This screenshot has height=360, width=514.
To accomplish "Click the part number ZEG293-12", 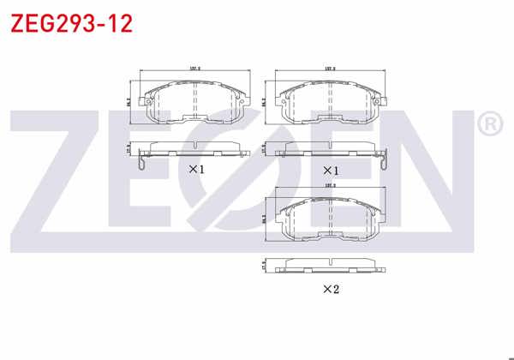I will coord(71,23).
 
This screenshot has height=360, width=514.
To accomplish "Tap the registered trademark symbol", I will coord(489,125).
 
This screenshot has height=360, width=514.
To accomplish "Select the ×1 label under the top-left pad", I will coord(197,169).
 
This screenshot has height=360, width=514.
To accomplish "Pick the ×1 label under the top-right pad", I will coord(331,169).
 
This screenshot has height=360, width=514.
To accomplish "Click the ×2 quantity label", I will coord(331,289).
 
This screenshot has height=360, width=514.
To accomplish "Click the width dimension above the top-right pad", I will coord(330,69).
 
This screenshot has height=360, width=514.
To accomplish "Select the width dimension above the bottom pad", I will coord(330,184).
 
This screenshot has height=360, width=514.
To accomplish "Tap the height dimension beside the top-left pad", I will coord(132,100).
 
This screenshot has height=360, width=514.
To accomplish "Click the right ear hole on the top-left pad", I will coord(242,105).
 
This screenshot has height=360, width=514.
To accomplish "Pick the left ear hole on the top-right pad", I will coord(284,105).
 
